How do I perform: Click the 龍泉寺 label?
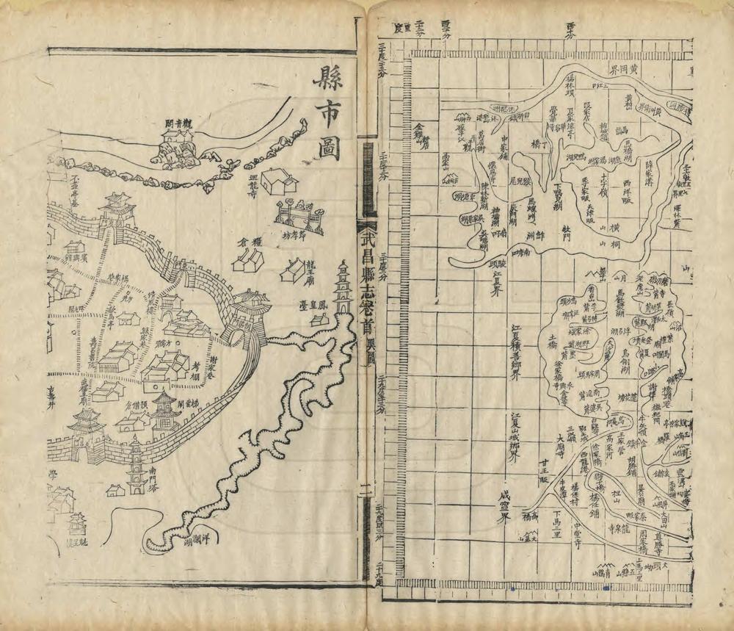click(621, 527)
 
